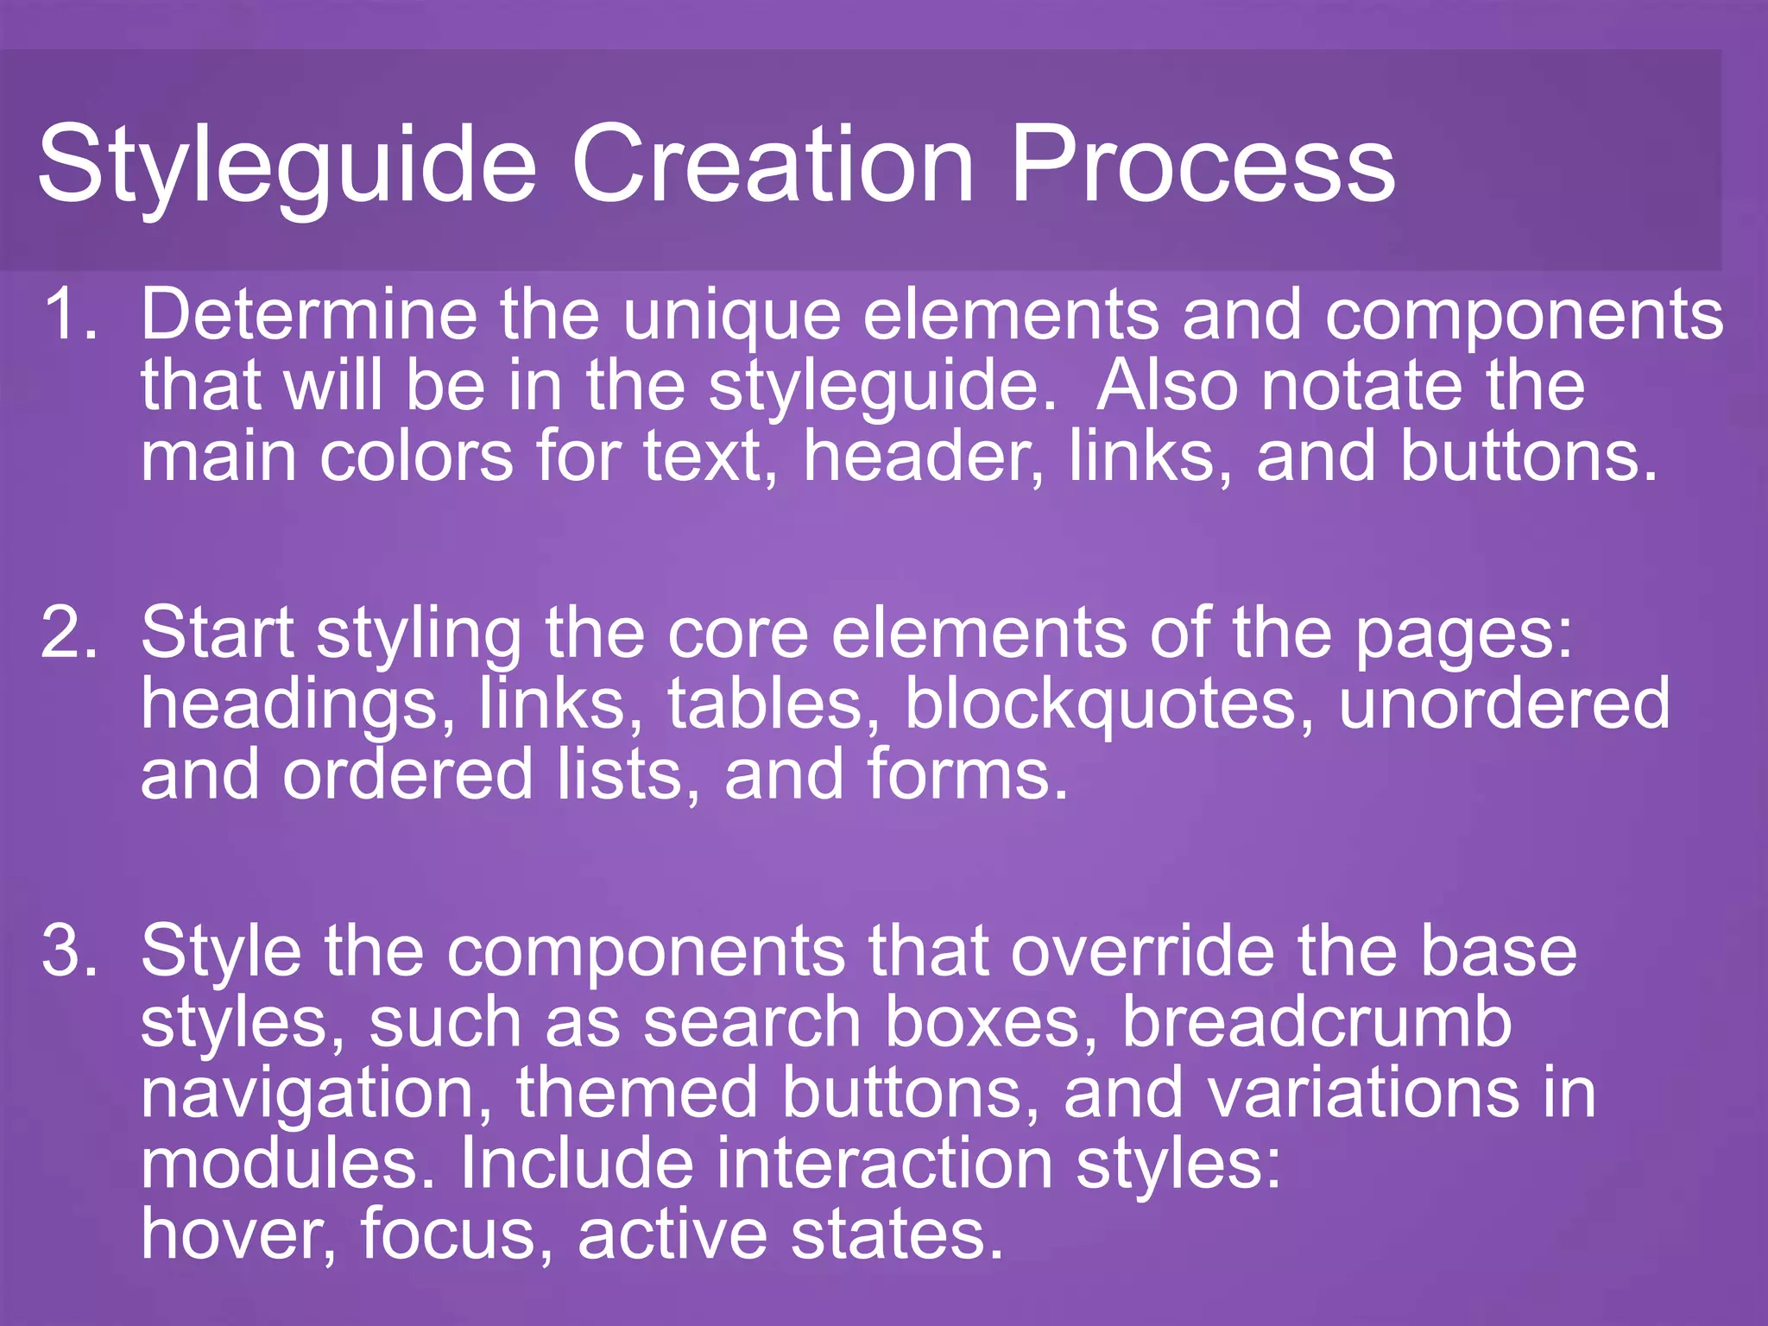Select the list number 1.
pos(71,314)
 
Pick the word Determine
pos(309,314)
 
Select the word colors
pos(416,456)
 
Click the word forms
pos(968,774)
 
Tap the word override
pos(1142,950)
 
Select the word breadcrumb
pos(1317,1022)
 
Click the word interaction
pos(884,1163)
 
